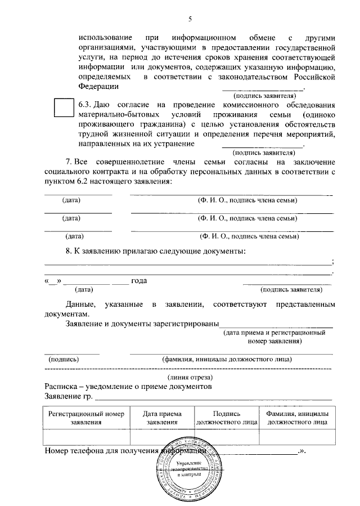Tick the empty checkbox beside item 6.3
point(64,107)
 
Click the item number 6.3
point(85,105)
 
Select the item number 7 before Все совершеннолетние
point(69,163)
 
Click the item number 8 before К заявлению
point(69,251)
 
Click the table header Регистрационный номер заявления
point(86,417)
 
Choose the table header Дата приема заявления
point(162,417)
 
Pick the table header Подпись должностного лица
point(226,417)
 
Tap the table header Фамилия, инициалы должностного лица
point(297,417)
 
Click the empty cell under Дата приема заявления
point(162,437)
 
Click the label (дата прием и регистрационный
point(274,333)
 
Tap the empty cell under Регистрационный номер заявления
point(86,437)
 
